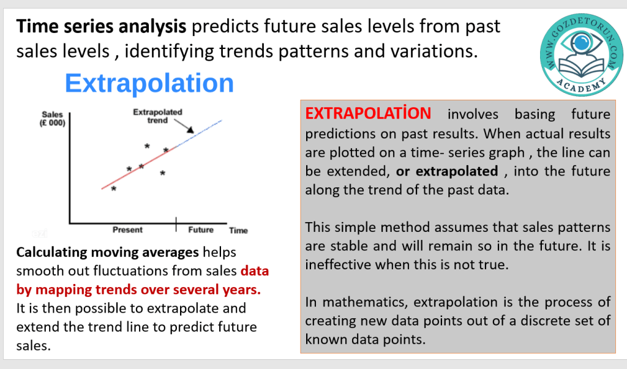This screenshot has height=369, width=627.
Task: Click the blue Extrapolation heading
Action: coord(149,83)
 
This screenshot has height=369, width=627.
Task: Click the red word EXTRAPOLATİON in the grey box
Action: coord(368,113)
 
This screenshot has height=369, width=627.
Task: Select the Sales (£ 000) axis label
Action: coord(53,119)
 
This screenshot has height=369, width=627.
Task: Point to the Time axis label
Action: coord(238,230)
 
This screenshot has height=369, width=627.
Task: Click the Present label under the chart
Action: coord(127,230)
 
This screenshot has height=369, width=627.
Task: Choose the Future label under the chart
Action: coord(201,230)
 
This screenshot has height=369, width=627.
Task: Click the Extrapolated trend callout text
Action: coord(157,116)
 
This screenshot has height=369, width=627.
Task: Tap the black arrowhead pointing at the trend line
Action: coord(190,130)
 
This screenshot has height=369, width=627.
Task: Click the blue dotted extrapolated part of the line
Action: coord(199,133)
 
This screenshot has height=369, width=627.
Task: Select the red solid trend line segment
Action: coord(138,168)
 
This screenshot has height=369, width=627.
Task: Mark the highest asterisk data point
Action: coord(147,146)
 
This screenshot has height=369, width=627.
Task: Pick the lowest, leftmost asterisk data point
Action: coord(113,188)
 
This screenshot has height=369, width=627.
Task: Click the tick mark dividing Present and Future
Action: coord(176,225)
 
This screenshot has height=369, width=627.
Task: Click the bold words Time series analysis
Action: coord(101,26)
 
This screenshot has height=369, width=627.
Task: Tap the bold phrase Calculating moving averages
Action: coord(108,252)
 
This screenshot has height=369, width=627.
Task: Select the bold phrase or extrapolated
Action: coord(447,171)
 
